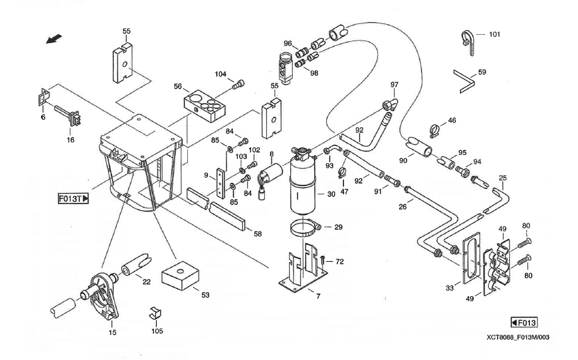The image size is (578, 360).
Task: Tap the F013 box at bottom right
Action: [x=524, y=323]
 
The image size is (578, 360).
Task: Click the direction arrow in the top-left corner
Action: [x=54, y=39]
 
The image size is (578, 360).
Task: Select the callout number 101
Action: [x=495, y=34]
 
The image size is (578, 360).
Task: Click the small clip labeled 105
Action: [x=155, y=313]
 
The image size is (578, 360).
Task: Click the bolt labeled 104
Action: [x=238, y=85]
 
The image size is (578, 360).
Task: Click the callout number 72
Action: [x=340, y=261]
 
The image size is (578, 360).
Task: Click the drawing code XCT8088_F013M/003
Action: [x=518, y=337]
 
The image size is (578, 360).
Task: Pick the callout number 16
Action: [x=70, y=140]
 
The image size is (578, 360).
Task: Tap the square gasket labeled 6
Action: [x=44, y=97]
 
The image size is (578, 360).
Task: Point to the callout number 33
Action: [x=450, y=288]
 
